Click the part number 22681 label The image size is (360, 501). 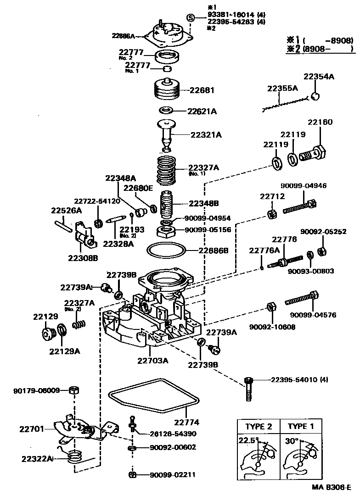[202, 90]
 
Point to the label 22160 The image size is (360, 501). [320, 122]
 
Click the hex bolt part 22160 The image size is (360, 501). [314, 154]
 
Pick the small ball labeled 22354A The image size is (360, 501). [315, 96]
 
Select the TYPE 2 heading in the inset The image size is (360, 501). [258, 426]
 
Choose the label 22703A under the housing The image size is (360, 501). [152, 360]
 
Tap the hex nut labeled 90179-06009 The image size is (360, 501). [73, 390]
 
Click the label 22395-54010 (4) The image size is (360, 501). [299, 380]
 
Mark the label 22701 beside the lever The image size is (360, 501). [32, 429]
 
